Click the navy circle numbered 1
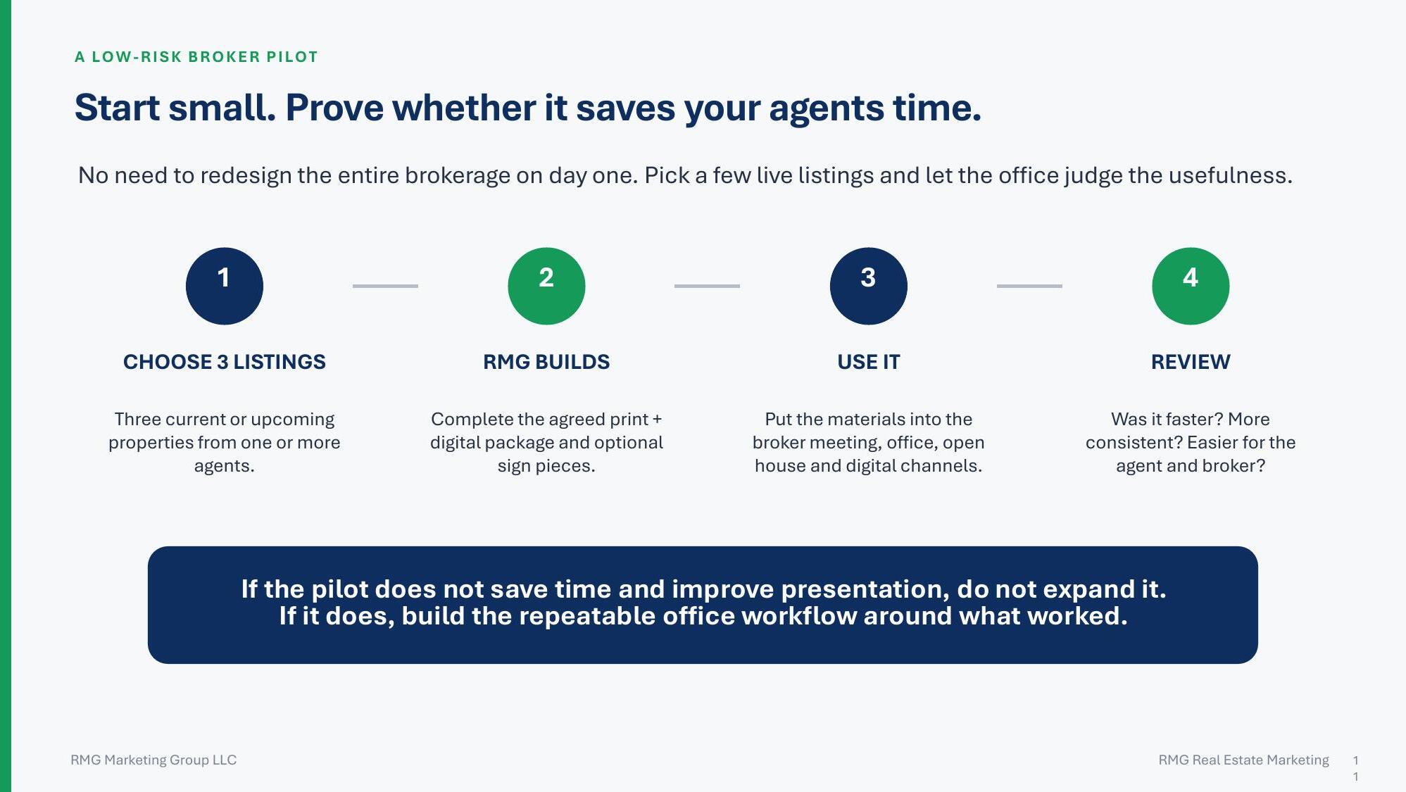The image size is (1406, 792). [225, 286]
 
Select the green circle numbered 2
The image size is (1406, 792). [546, 286]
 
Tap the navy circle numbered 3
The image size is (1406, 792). [869, 286]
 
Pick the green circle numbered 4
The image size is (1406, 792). [1191, 286]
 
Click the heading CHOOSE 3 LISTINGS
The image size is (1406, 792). [225, 362]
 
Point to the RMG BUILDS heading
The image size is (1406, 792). [546, 362]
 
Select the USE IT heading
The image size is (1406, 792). [869, 362]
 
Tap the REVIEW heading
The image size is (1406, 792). [1191, 362]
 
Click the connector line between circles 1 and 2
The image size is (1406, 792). [385, 286]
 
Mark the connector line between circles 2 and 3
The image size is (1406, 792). [707, 286]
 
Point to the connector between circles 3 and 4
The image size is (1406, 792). [1029, 286]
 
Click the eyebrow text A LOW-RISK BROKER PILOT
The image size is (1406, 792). [196, 57]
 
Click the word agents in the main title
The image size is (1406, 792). [826, 109]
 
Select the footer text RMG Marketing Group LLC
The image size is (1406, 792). [153, 760]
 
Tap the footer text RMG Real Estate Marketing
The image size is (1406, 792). [1244, 760]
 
